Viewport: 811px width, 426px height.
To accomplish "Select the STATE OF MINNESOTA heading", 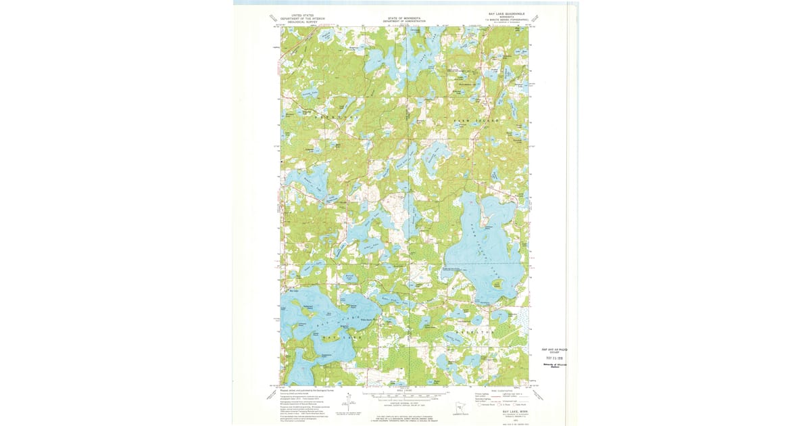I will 405,18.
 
